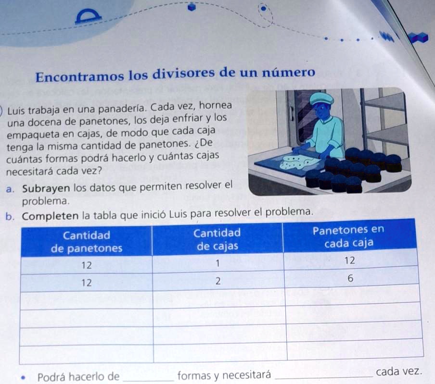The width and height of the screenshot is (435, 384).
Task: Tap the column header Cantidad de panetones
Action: point(87,242)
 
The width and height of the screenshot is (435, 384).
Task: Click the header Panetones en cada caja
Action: point(349,237)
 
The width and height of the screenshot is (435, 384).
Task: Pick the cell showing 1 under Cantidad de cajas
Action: point(217,263)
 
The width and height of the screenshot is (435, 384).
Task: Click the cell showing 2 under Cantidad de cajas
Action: point(217,282)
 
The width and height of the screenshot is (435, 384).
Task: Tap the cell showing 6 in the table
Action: point(350,279)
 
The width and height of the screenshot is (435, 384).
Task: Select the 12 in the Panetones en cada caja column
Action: point(350,261)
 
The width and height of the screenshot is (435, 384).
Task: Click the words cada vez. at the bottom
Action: point(399,372)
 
